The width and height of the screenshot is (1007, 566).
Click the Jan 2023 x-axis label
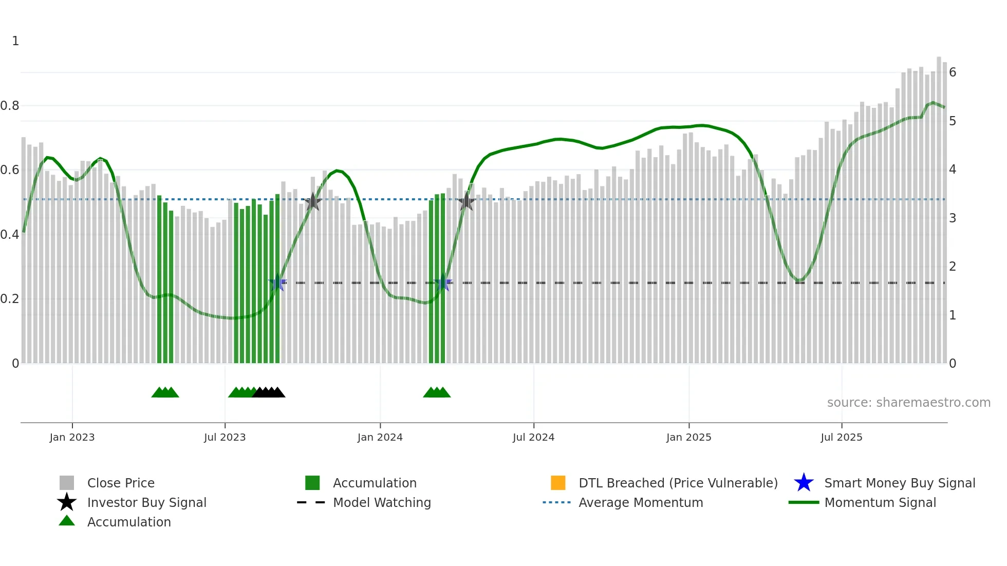(72, 437)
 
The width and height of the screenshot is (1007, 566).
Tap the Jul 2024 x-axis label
(533, 437)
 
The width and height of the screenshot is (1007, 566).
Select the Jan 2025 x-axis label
(688, 437)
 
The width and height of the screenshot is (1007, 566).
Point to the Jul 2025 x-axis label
(841, 437)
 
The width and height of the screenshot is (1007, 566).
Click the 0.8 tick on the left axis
(10, 106)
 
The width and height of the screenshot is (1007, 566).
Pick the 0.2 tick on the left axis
(10, 299)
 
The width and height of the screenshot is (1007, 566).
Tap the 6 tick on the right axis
(953, 72)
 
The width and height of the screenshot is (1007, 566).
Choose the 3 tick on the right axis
(953, 218)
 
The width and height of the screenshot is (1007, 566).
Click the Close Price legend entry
(121, 483)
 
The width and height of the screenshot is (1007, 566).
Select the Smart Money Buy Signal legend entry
(899, 483)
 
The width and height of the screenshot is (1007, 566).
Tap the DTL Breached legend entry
(678, 483)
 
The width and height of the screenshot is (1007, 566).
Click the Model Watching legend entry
(382, 502)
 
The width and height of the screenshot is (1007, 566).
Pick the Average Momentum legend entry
(641, 502)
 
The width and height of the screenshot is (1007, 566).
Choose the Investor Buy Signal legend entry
(146, 502)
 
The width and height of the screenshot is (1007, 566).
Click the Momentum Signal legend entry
(880, 502)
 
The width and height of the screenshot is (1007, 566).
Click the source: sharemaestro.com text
(908, 403)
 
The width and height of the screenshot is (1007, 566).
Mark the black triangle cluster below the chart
(269, 392)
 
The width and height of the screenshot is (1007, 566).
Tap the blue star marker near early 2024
(443, 282)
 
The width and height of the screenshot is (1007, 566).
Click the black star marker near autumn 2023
(313, 201)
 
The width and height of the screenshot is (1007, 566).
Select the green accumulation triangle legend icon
(67, 521)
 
